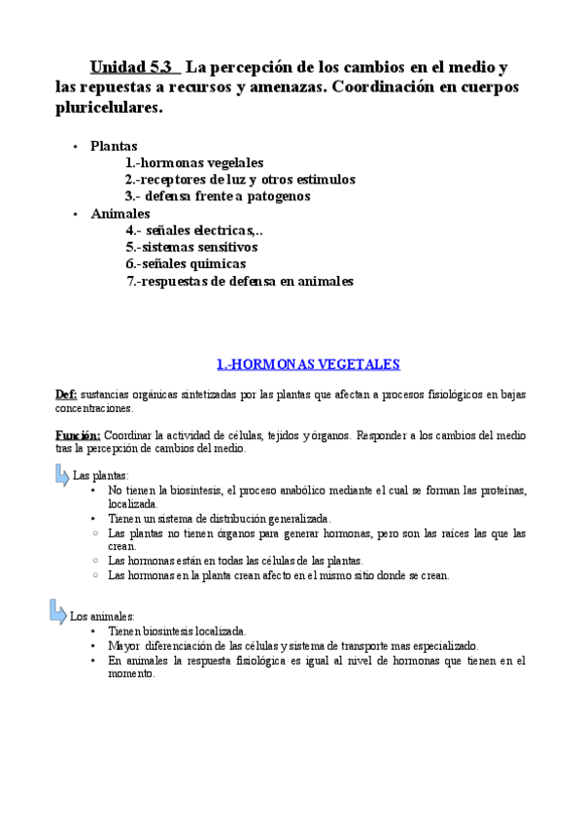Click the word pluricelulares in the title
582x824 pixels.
click(107, 108)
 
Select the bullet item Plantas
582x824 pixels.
click(114, 146)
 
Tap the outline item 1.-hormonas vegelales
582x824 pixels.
click(193, 163)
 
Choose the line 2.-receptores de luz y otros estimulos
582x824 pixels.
click(239, 180)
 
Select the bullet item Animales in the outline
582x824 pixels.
click(120, 213)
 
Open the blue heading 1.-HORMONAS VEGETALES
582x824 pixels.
click(294, 364)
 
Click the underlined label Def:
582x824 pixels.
click(66, 394)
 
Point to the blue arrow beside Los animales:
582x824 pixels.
click(58, 612)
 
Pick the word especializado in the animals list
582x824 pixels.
click(442, 645)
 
